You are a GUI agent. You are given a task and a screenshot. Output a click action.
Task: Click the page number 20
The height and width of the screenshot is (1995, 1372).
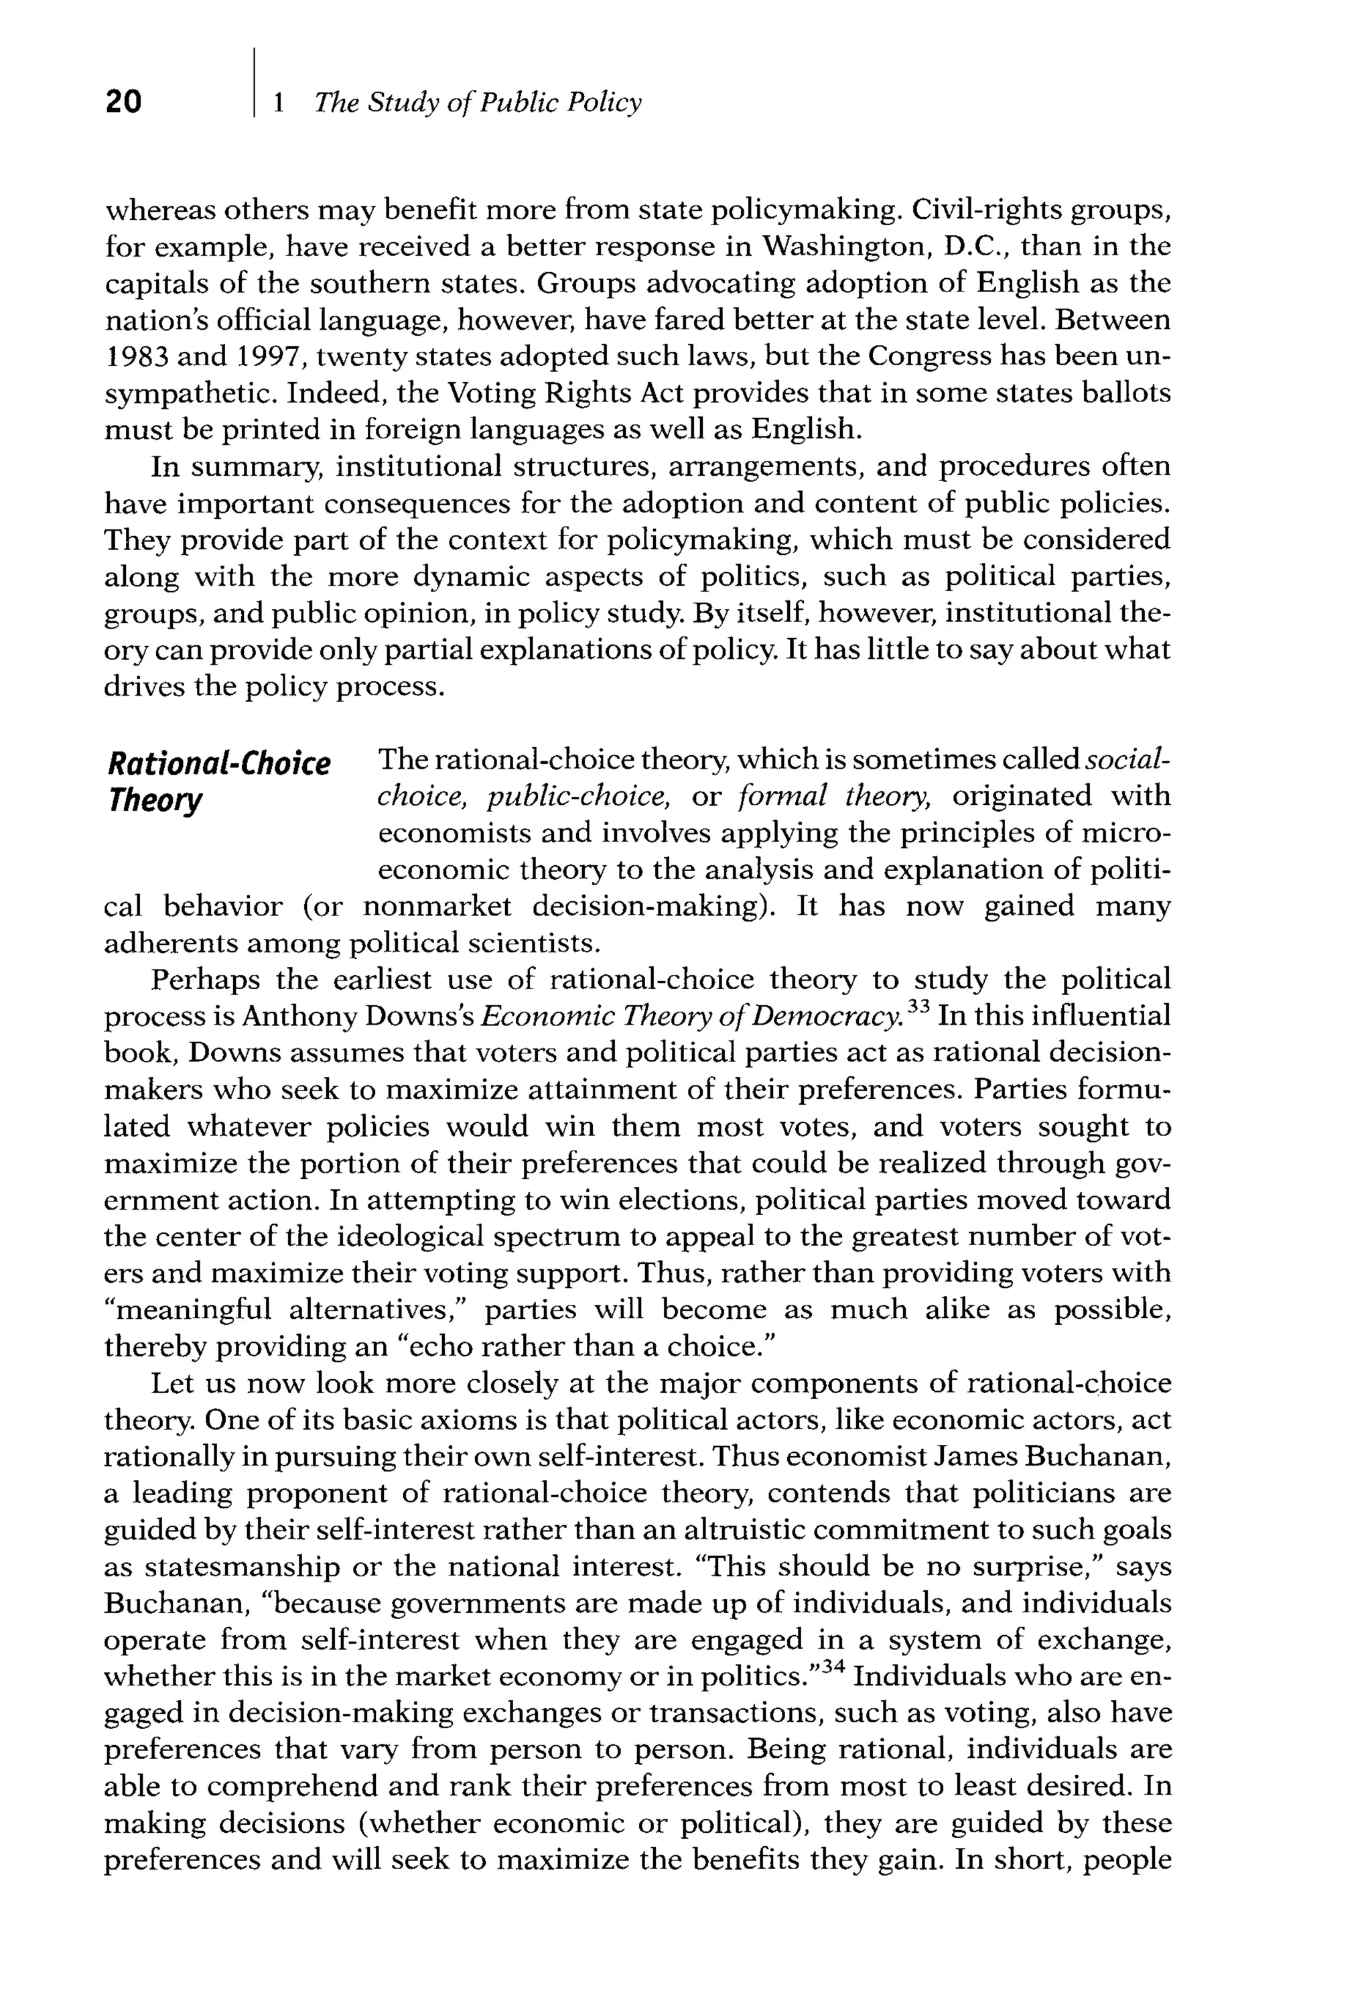pyautogui.click(x=123, y=101)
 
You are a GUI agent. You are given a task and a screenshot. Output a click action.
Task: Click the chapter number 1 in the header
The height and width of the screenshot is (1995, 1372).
pyautogui.click(x=277, y=103)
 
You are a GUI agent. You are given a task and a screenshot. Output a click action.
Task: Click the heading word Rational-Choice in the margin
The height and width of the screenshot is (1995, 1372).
pyautogui.click(x=218, y=763)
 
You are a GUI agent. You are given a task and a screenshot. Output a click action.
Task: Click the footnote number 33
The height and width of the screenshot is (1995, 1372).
pyautogui.click(x=919, y=1006)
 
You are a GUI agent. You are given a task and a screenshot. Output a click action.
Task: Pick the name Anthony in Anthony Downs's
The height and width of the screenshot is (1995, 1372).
pyautogui.click(x=298, y=1017)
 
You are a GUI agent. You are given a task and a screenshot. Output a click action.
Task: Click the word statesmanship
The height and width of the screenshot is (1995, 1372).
pyautogui.click(x=243, y=1567)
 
